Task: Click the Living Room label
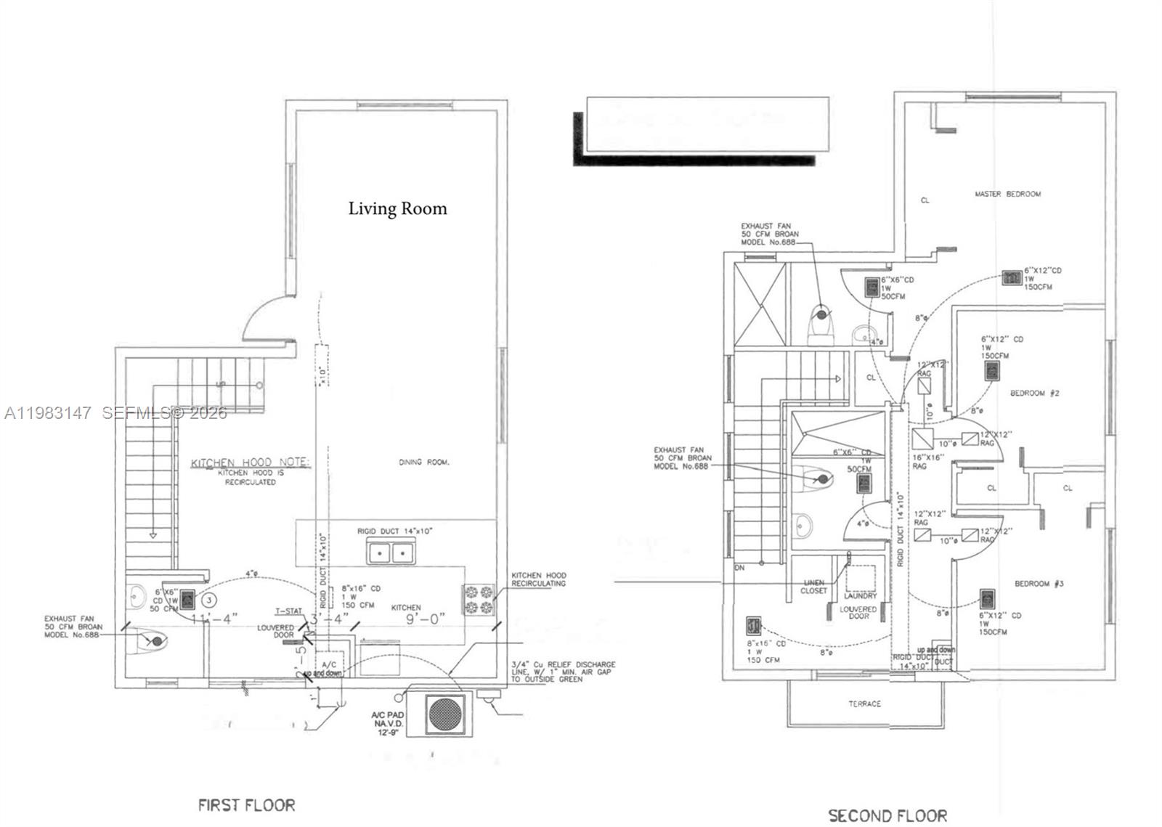click(397, 209)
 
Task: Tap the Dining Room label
click(424, 462)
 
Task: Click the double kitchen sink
click(390, 554)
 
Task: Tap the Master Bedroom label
click(1007, 194)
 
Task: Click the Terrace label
click(864, 704)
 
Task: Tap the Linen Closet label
click(813, 587)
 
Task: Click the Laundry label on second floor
click(861, 595)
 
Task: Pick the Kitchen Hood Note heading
click(251, 463)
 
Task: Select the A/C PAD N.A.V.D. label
click(388, 723)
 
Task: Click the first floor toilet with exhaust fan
click(155, 641)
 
